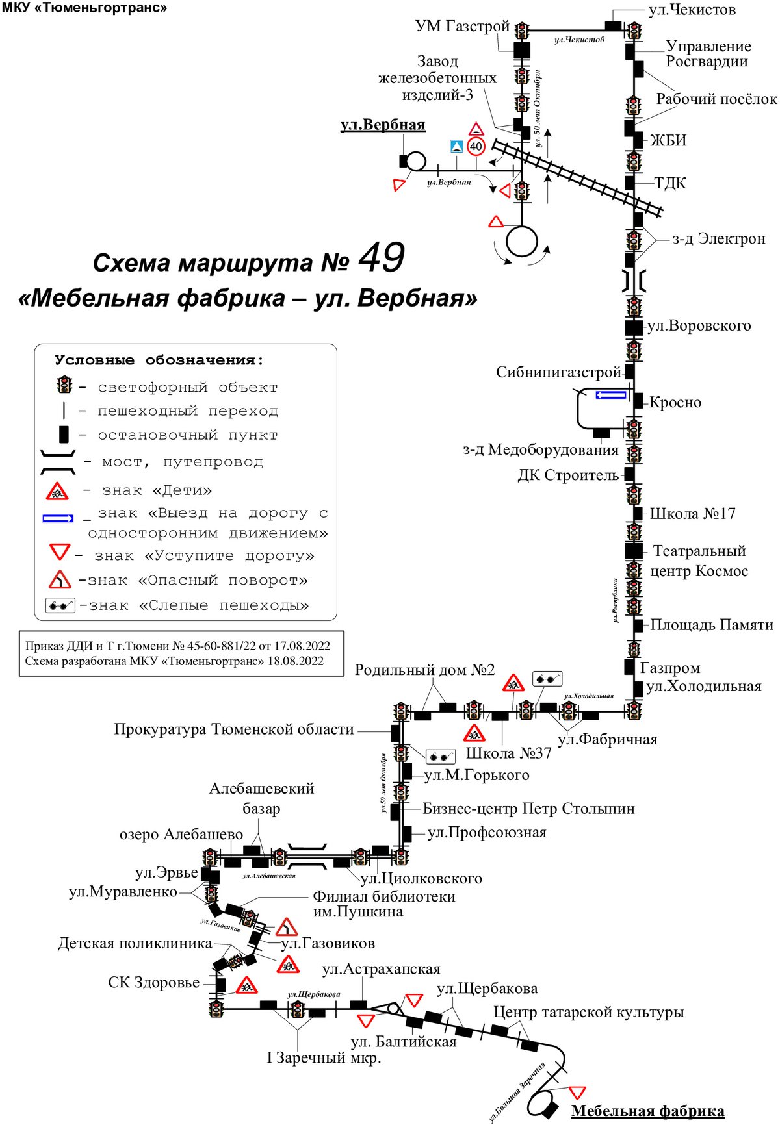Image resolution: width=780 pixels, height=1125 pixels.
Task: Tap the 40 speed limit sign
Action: coord(476,146)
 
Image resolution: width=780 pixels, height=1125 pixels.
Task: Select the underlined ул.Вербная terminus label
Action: coord(383,125)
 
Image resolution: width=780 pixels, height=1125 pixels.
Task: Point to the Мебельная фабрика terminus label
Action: coord(647,1111)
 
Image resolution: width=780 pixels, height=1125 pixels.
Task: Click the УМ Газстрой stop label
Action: coord(462,26)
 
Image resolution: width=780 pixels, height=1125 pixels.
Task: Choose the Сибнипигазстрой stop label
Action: coord(559,372)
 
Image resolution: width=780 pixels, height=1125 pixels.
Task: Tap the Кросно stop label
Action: coord(675,402)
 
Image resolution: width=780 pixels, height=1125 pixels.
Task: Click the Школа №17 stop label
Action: coord(693,514)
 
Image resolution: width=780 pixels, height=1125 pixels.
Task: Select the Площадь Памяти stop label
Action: coord(712,625)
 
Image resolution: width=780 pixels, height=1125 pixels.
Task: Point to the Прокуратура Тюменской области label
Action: coord(234,729)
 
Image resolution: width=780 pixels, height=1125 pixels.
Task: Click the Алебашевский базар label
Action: coord(261,798)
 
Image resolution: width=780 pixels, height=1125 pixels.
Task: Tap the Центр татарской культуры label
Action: coord(589,1012)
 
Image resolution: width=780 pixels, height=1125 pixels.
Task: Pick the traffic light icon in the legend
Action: coord(64,385)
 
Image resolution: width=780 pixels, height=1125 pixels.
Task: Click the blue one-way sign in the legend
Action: coord(58,519)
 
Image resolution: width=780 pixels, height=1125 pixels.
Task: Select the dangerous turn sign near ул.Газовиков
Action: coord(286,927)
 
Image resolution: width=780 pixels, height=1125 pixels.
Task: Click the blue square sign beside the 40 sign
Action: coord(457,147)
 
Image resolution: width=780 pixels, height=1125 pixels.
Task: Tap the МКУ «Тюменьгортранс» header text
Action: coord(85,8)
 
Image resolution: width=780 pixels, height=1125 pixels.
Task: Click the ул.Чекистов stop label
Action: coord(692,10)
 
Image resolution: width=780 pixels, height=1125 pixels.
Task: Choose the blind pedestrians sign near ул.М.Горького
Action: coord(440,756)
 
